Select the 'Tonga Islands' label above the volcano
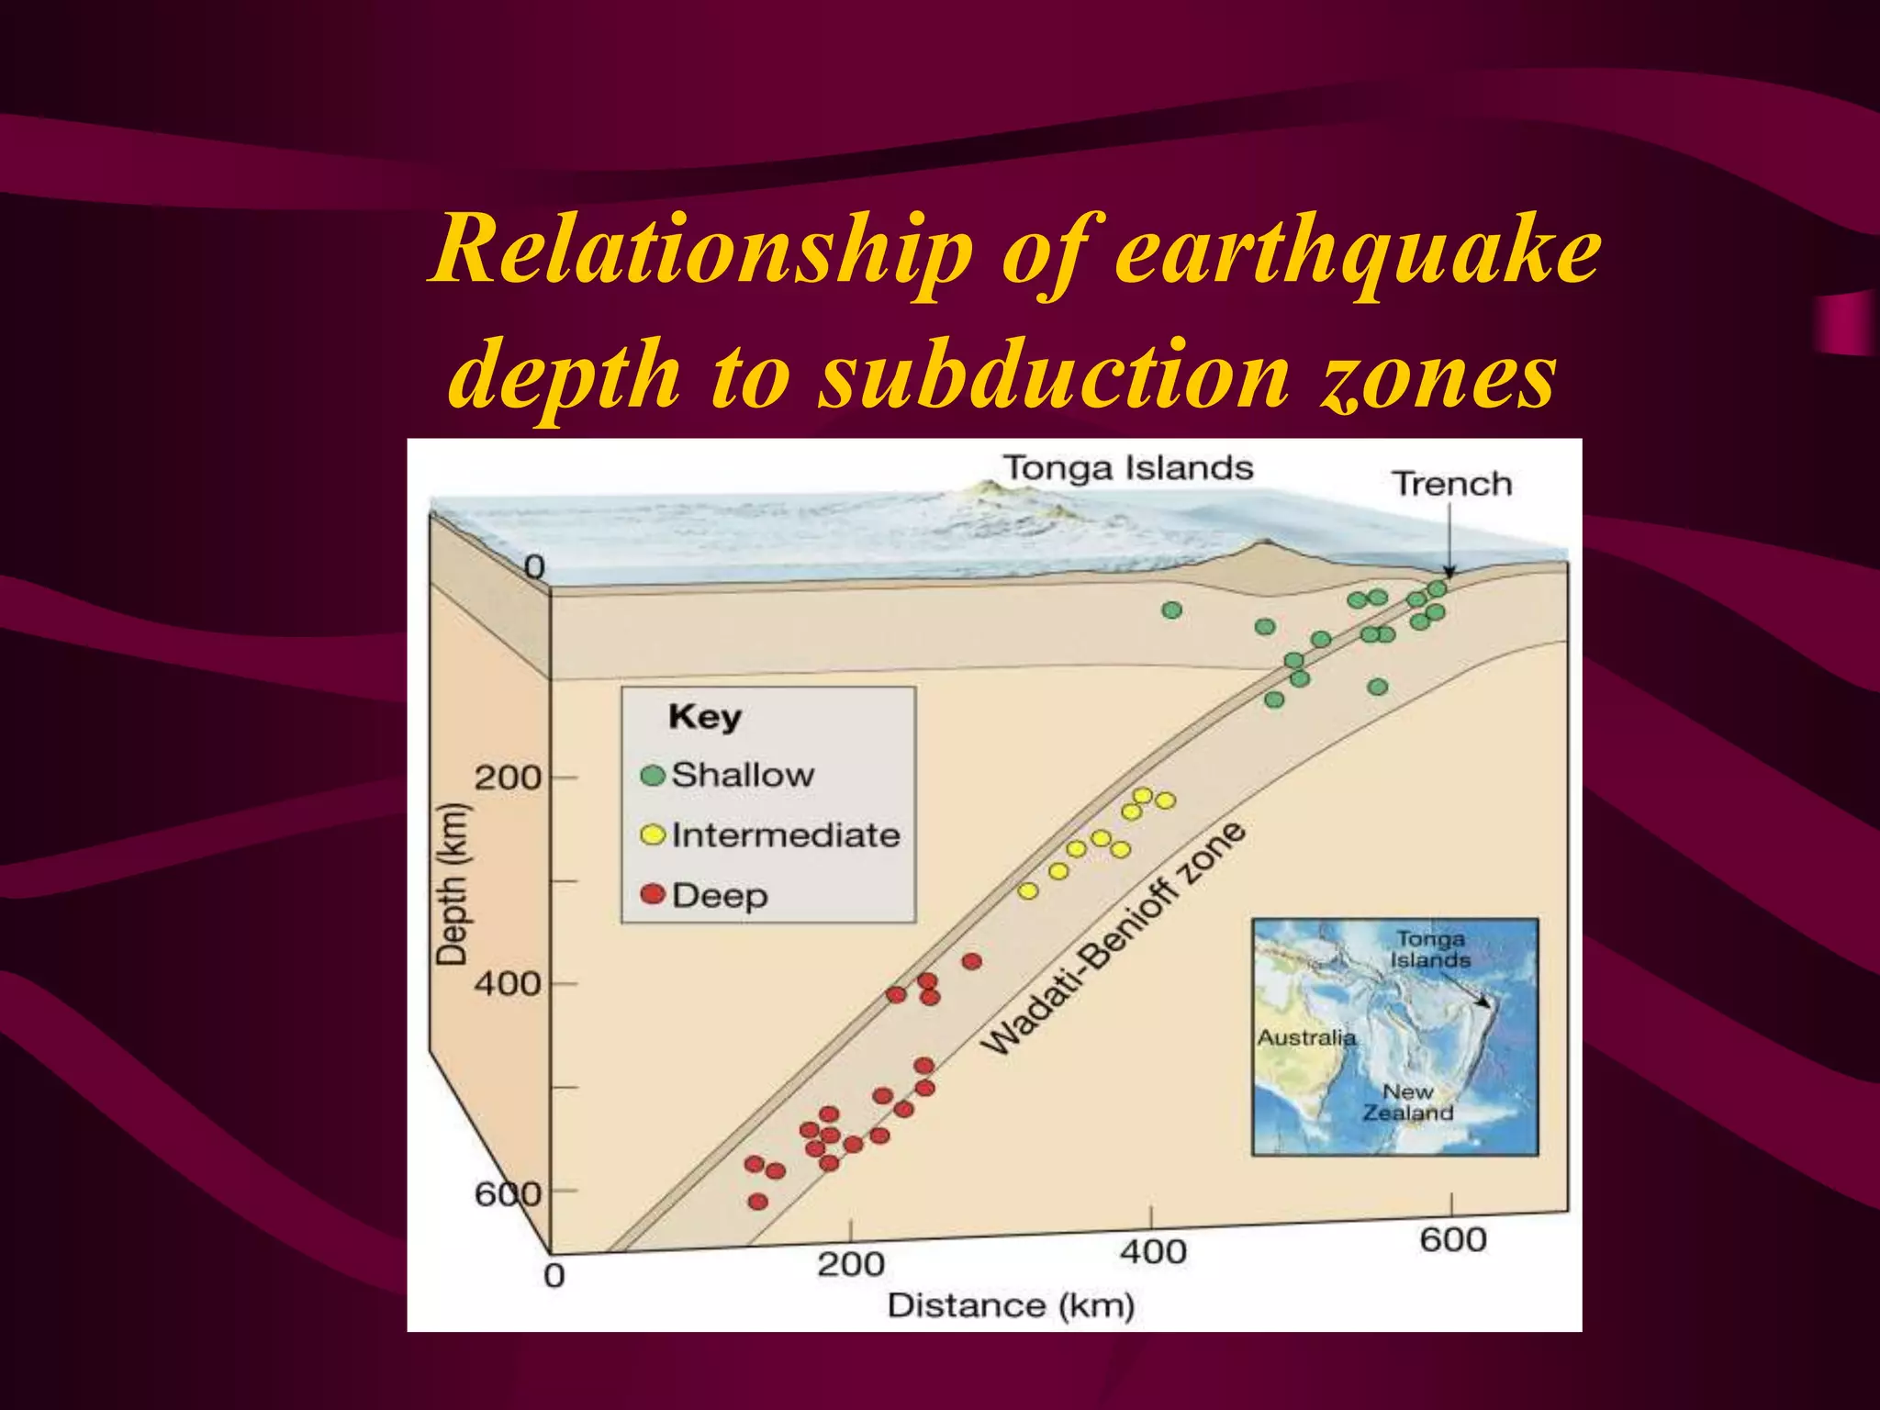[1127, 468]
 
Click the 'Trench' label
[1451, 484]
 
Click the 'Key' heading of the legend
[704, 717]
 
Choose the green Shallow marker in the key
[653, 775]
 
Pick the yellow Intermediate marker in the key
[653, 834]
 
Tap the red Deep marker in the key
[653, 894]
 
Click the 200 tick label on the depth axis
[508, 778]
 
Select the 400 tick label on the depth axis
[508, 984]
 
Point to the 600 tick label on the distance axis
[1452, 1239]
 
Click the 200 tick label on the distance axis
[851, 1264]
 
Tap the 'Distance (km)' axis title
[1011, 1305]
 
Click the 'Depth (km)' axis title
[452, 884]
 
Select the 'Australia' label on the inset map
[1306, 1037]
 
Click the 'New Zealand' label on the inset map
[1407, 1102]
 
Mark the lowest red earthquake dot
[757, 1202]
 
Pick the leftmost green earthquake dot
[1171, 610]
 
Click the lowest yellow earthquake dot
[1028, 890]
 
